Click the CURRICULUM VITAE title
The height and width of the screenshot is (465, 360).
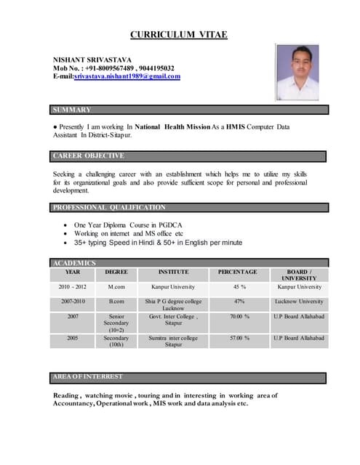(x=178, y=34)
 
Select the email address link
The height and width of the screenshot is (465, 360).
(x=127, y=76)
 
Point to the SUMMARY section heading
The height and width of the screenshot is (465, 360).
(x=72, y=110)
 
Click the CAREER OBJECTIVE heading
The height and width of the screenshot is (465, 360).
(x=89, y=155)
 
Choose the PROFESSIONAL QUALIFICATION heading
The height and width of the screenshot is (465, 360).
(x=108, y=208)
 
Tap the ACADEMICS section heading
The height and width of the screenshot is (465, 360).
(x=74, y=262)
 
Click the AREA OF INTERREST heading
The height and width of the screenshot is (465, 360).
(x=88, y=376)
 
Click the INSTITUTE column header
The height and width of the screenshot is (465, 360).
(x=173, y=272)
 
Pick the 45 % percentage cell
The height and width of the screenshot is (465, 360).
(x=238, y=287)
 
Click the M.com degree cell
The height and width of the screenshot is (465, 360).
(x=116, y=287)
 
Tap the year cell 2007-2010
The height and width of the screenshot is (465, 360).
(x=73, y=301)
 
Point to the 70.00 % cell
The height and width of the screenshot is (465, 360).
(x=239, y=317)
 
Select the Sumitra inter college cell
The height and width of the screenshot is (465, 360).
(x=173, y=341)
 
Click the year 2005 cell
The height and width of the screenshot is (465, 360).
(x=73, y=338)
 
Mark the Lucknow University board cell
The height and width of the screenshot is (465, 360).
(x=299, y=301)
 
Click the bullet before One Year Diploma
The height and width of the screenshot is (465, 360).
(x=67, y=226)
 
